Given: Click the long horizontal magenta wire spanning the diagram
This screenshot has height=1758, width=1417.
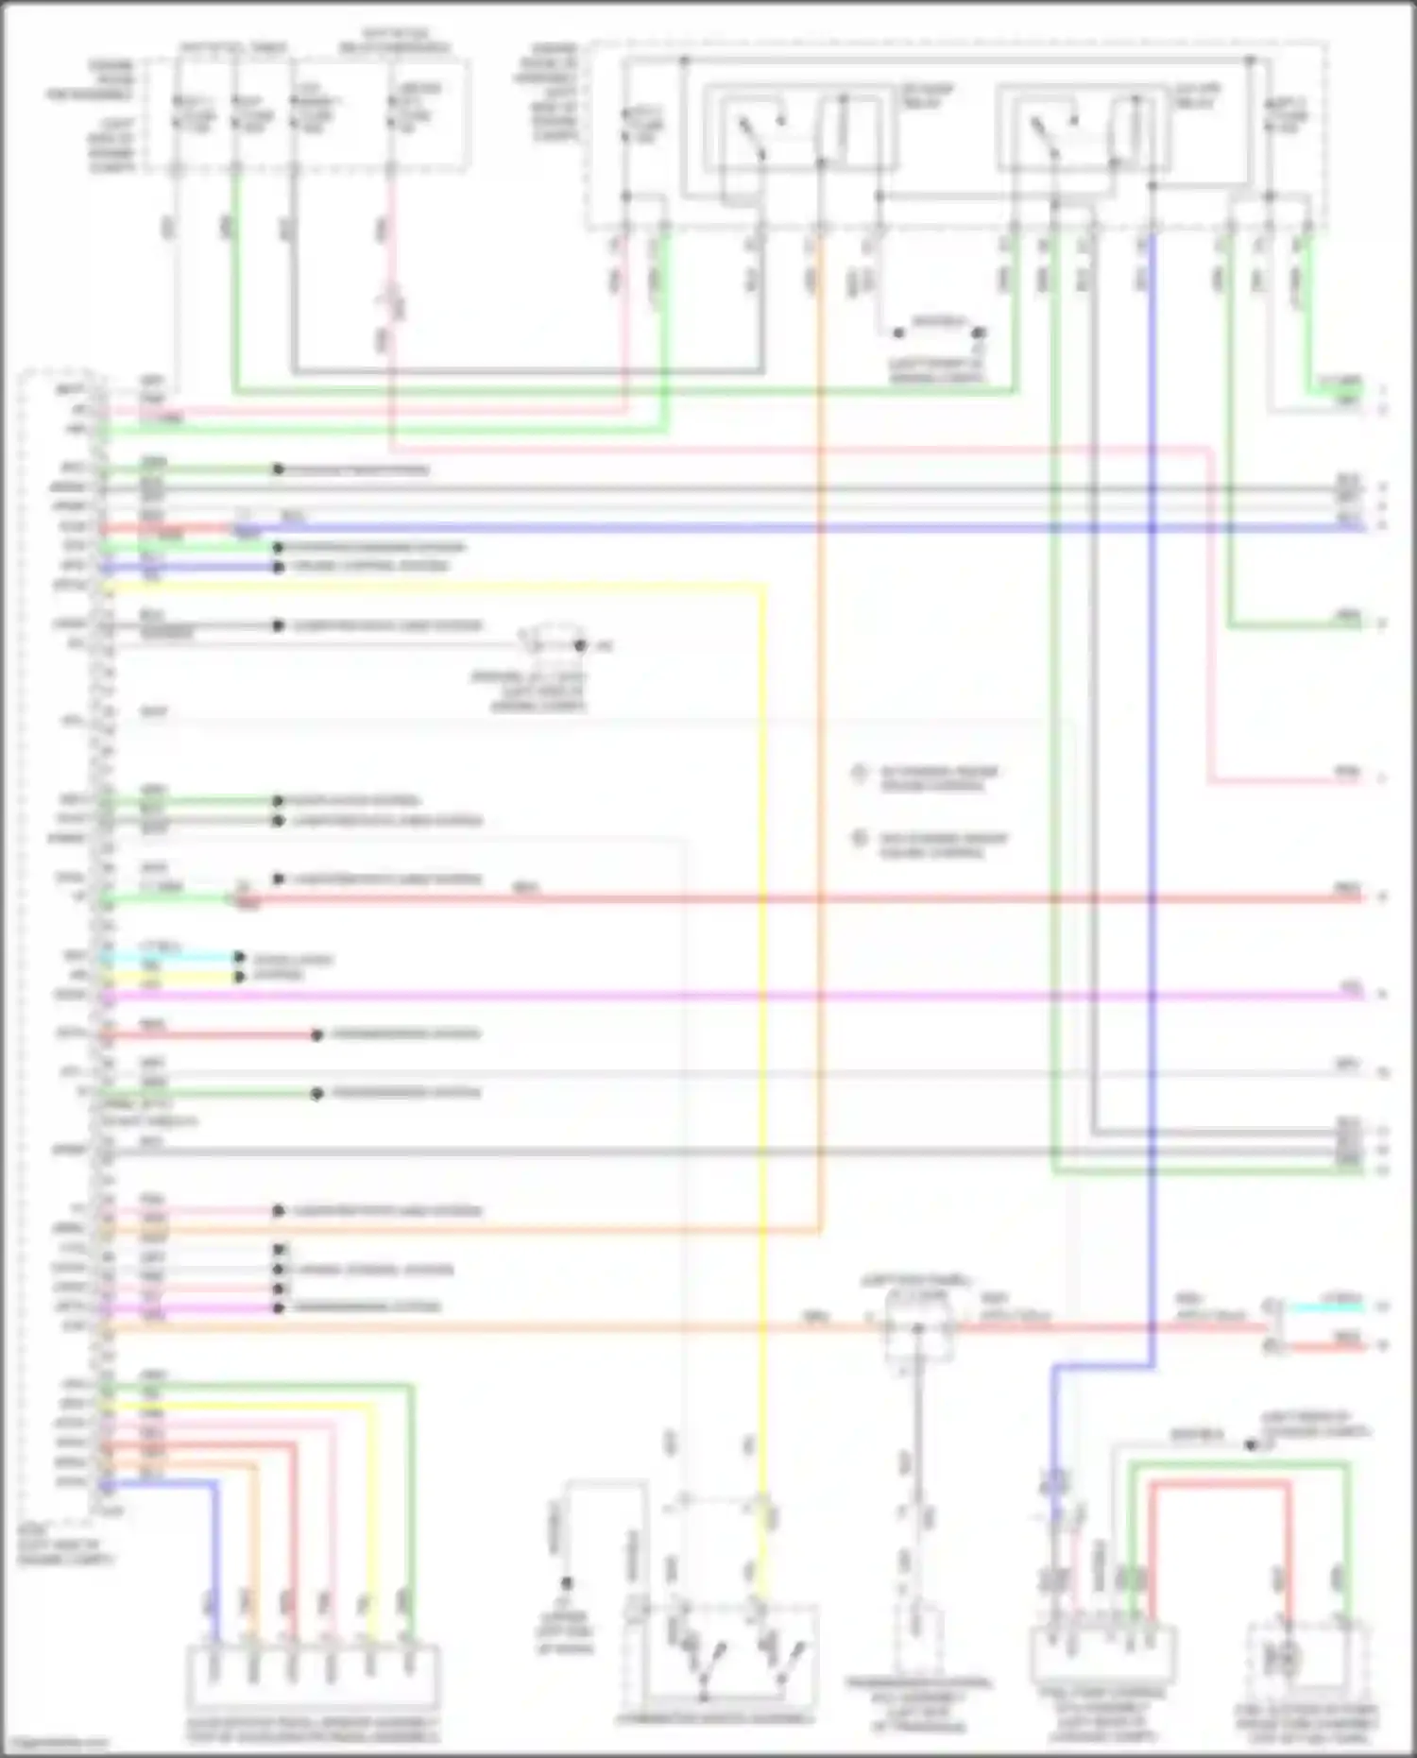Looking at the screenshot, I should pyautogui.click(x=718, y=995).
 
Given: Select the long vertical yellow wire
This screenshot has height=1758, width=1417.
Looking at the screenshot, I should pyautogui.click(x=762, y=1039).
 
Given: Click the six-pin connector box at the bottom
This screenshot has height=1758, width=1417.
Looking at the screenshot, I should pyautogui.click(x=312, y=1677).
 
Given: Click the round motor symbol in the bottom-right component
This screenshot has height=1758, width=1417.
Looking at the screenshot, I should pyautogui.click(x=1287, y=1659).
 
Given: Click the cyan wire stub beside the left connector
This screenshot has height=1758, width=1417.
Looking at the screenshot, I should pyautogui.click(x=170, y=956).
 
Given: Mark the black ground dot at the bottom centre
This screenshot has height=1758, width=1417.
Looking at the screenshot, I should pyautogui.click(x=567, y=1583).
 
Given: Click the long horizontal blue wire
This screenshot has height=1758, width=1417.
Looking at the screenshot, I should pyautogui.click(x=756, y=527).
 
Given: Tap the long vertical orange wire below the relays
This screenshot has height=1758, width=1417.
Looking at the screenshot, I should pyautogui.click(x=820, y=756).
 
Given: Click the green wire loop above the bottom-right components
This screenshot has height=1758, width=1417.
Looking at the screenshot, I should pyautogui.click(x=1238, y=1464).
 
